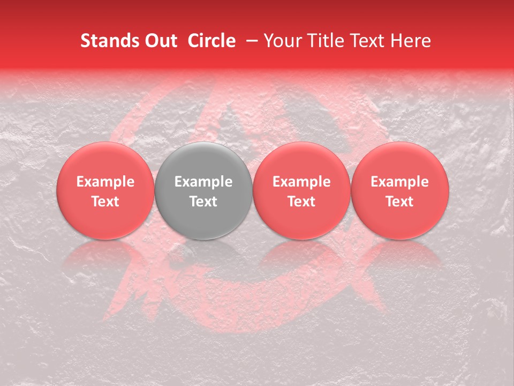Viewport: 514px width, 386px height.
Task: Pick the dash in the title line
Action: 253,41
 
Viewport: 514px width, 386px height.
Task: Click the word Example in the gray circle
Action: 203,182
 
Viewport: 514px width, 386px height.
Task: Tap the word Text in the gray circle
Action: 203,202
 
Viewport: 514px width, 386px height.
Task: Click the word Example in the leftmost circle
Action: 105,182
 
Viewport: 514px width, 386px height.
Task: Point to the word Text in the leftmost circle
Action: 105,202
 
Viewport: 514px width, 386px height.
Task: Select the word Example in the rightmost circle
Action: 400,182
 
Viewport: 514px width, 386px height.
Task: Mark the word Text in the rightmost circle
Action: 400,202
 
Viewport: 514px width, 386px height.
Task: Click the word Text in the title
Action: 366,41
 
